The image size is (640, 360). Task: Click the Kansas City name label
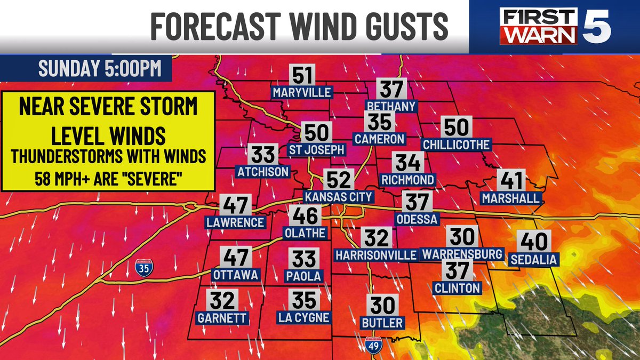pyautogui.click(x=338, y=197)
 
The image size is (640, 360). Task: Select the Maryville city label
pyautogui.click(x=302, y=92)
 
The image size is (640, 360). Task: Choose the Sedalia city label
pyautogui.click(x=533, y=260)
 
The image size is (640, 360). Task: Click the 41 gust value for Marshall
pyautogui.click(x=511, y=181)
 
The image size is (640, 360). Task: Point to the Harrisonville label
pyautogui.click(x=375, y=255)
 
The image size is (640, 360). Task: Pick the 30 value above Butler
pyautogui.click(x=382, y=306)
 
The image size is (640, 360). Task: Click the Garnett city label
pyautogui.click(x=222, y=318)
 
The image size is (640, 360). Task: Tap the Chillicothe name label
pyautogui.click(x=456, y=145)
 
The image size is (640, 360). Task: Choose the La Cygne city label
pyautogui.click(x=304, y=317)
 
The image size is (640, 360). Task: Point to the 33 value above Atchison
pyautogui.click(x=263, y=155)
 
